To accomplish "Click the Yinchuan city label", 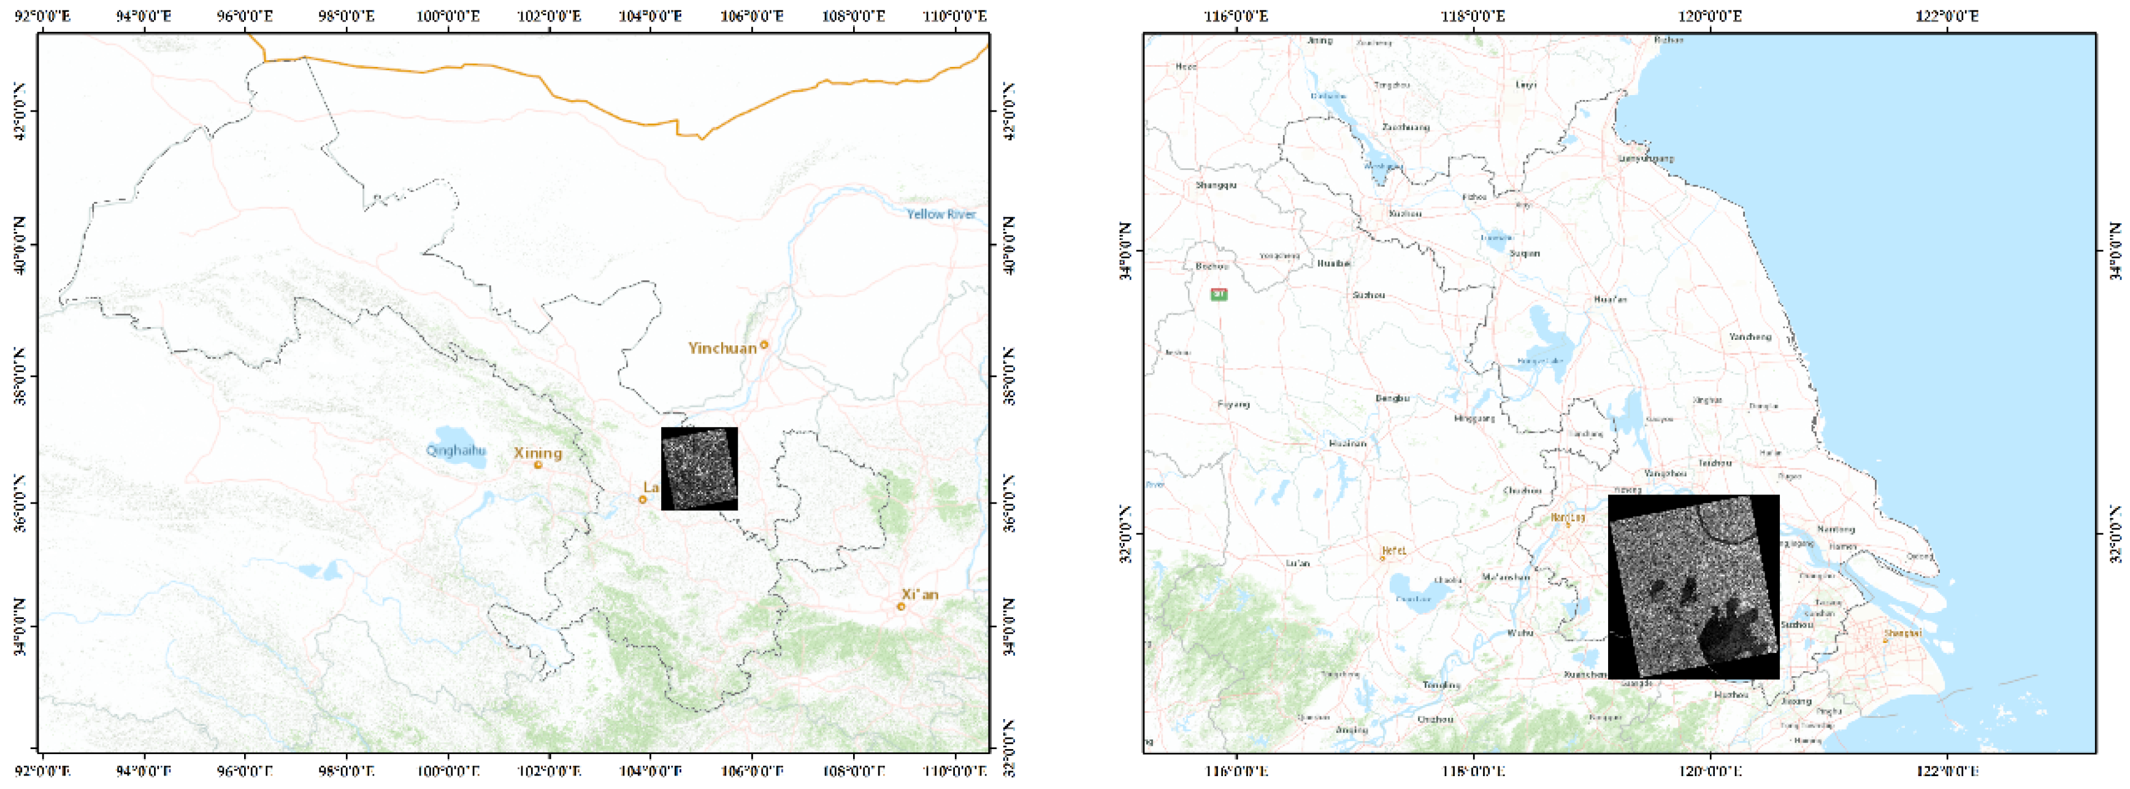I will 722,348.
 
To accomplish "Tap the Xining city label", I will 537,453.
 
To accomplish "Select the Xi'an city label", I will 919,595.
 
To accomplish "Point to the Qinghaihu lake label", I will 456,451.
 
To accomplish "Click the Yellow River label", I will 941,214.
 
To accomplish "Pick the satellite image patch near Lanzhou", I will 699,468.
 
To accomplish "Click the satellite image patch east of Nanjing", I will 1693,587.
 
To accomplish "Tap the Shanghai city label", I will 1902,634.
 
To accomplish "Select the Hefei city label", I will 1393,550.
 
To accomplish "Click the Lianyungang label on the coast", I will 1645,158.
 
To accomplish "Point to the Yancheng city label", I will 1750,337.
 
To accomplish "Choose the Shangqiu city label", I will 1216,185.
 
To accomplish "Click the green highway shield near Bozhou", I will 1219,294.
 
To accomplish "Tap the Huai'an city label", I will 1610,299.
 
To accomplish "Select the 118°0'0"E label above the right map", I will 1473,17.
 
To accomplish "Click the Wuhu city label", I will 1520,633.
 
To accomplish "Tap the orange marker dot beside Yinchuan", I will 764,345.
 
